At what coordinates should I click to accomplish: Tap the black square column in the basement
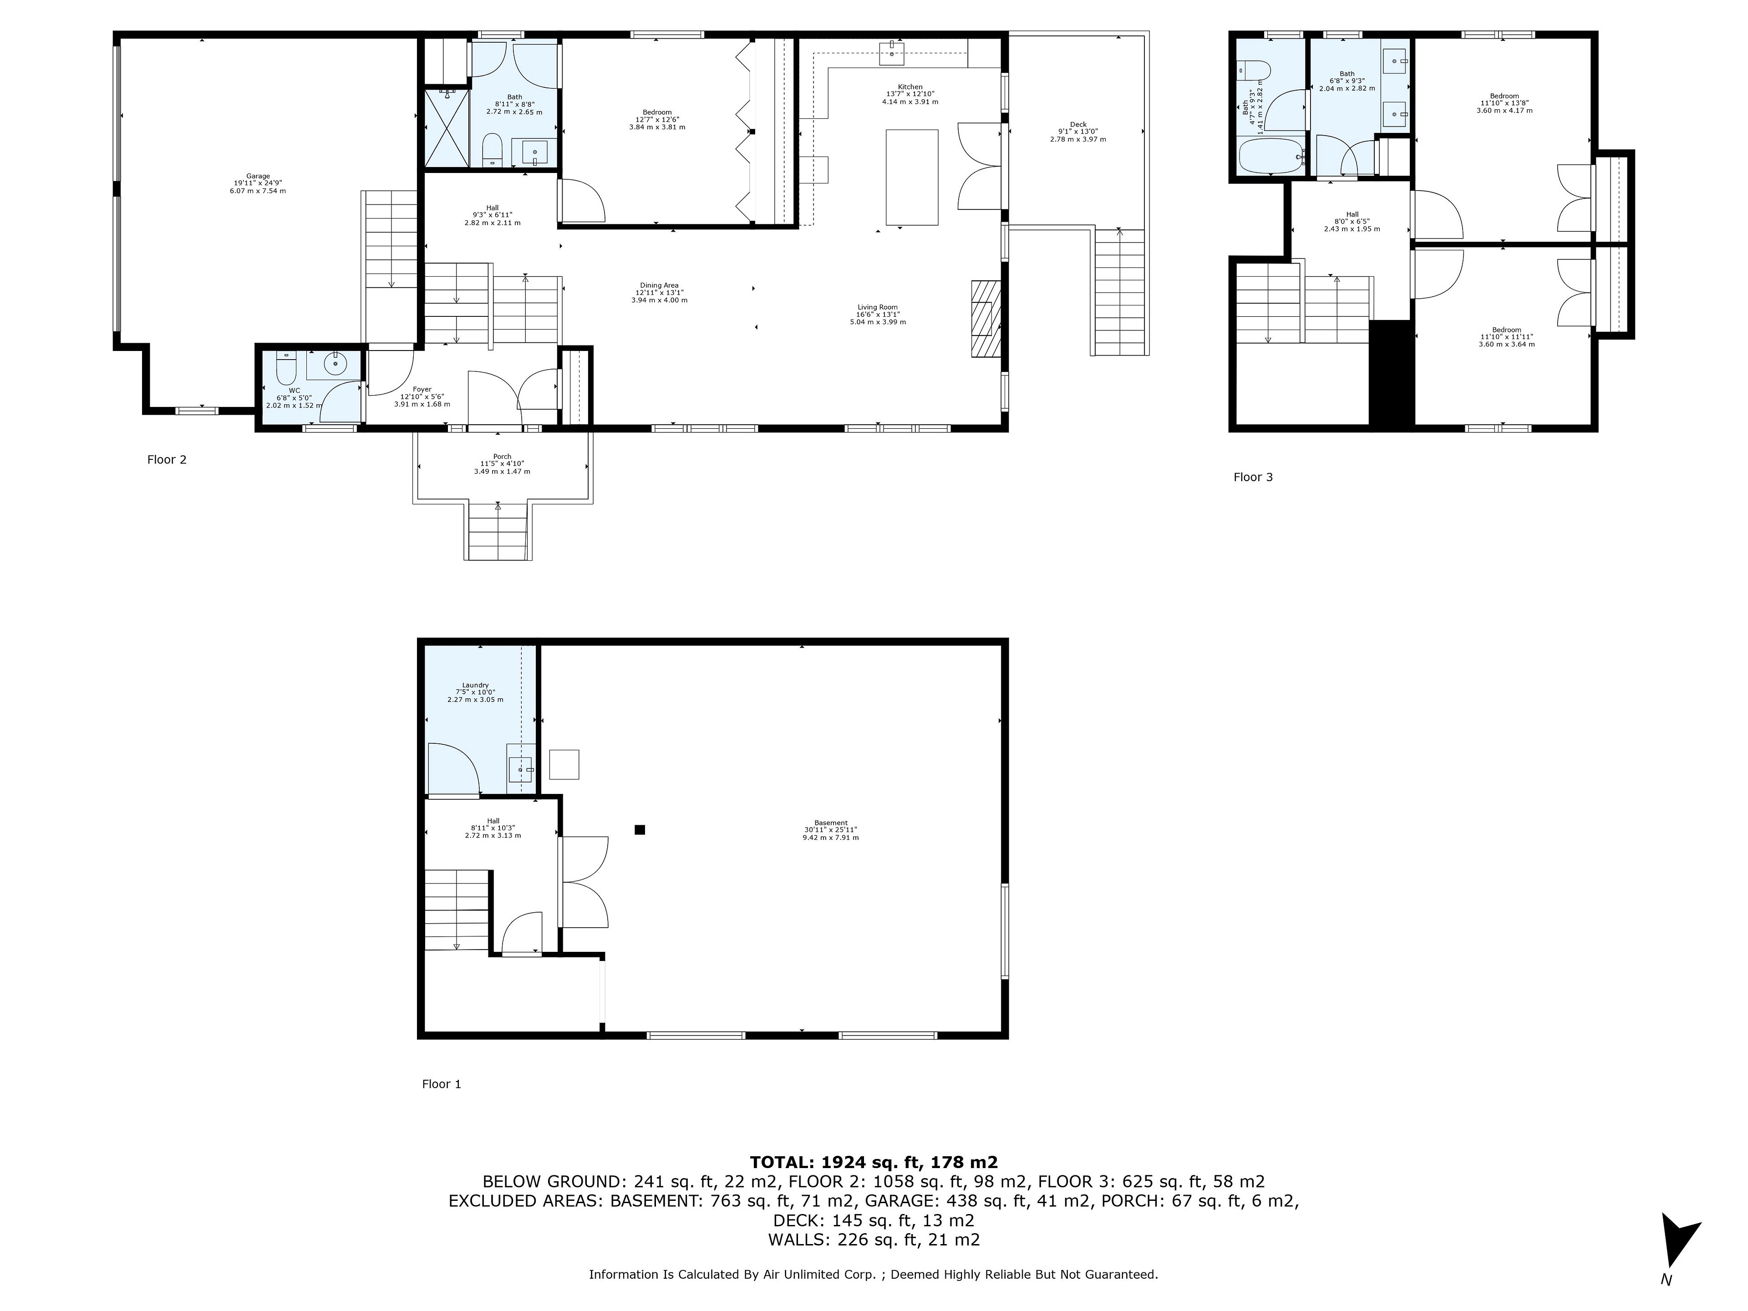coord(640,830)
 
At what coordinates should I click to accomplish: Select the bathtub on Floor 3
coord(1270,157)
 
